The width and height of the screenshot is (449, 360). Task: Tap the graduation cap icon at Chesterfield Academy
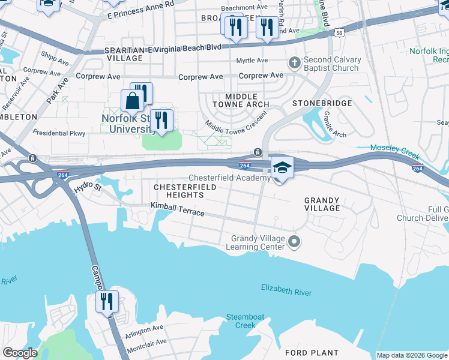[x=282, y=167]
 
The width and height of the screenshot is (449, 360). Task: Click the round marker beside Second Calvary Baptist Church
[x=294, y=62]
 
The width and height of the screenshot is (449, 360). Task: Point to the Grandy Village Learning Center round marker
[x=294, y=242]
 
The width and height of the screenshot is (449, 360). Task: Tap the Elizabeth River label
[x=286, y=291]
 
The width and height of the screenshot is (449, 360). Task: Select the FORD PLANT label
[x=312, y=353]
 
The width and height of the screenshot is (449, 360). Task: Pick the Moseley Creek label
[x=394, y=148]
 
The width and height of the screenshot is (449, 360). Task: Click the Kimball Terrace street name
[x=177, y=209]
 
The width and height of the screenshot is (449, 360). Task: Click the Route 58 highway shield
[x=339, y=32]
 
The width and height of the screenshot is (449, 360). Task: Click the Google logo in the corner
[x=20, y=353]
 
